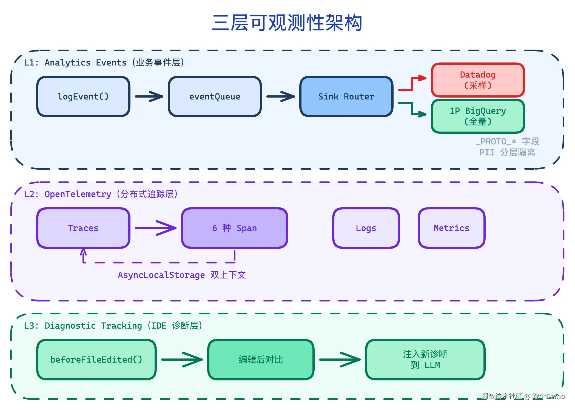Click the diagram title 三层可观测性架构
(x=287, y=22)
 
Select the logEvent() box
(x=83, y=96)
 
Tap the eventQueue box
(x=215, y=96)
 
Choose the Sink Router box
(x=346, y=96)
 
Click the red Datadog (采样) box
(x=478, y=80)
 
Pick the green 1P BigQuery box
(x=478, y=116)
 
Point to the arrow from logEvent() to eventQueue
(x=149, y=96)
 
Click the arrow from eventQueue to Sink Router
(x=280, y=96)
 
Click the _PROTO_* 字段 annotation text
(x=507, y=141)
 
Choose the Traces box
(x=83, y=228)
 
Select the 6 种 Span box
(x=234, y=228)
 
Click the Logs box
(x=366, y=228)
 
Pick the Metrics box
(x=451, y=228)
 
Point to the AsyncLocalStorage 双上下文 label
(x=181, y=275)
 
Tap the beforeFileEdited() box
(x=96, y=360)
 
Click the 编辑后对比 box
(x=261, y=360)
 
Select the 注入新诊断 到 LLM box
(x=425, y=360)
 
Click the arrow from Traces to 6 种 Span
(x=155, y=228)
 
